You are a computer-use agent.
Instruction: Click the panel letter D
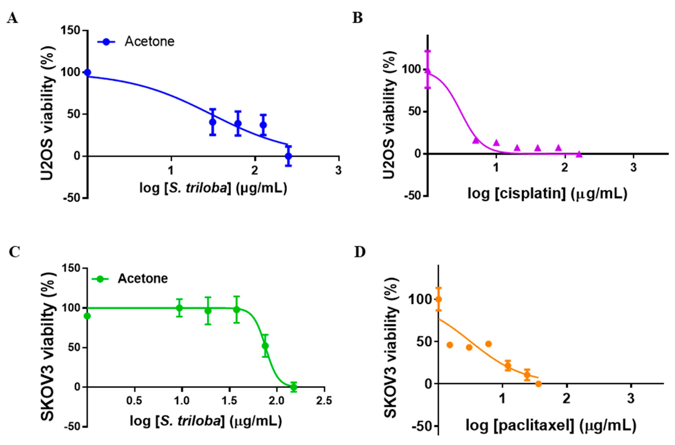click(360, 252)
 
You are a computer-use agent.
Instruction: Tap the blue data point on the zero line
click(288, 156)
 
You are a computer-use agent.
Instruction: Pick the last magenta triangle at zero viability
click(579, 154)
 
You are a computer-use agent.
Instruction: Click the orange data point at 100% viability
click(439, 299)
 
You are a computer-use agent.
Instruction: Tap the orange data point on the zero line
click(538, 384)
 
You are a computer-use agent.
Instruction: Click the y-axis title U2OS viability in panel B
click(389, 115)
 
